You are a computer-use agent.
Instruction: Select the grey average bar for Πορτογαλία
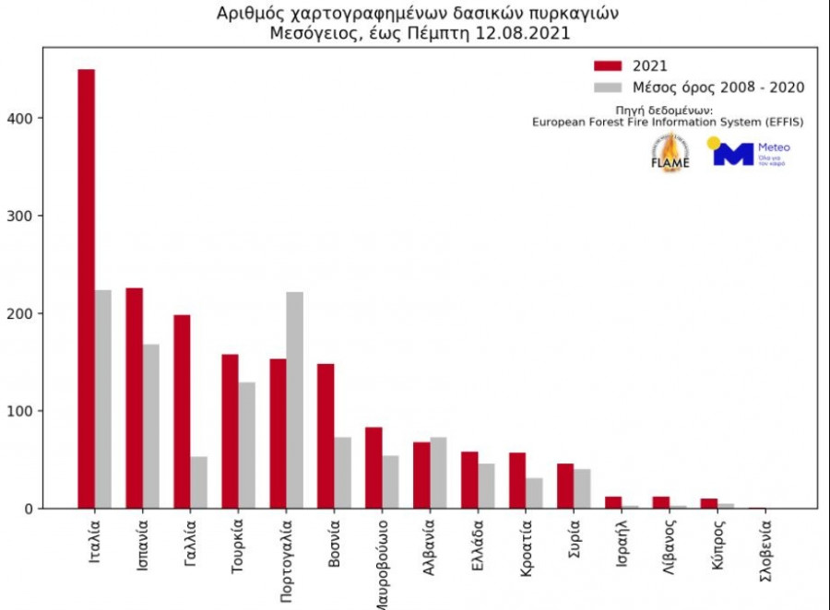(294, 400)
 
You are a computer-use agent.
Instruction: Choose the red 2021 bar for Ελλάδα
(469, 480)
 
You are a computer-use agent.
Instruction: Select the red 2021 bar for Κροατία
(517, 480)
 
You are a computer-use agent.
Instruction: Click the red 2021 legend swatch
(609, 65)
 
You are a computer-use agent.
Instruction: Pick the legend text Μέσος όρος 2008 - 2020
(717, 88)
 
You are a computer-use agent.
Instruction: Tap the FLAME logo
(670, 153)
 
